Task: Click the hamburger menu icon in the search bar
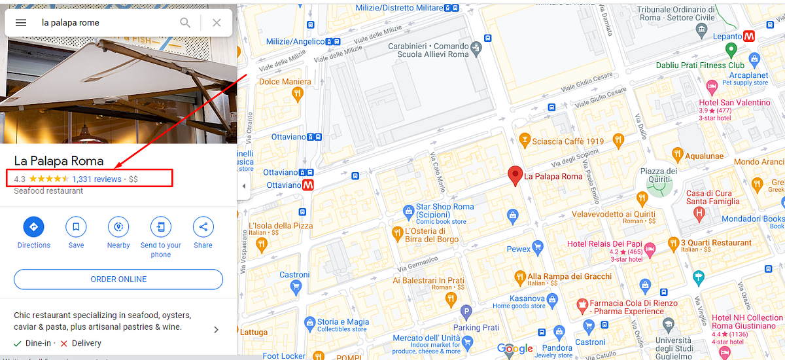point(21,23)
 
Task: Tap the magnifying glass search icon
point(186,23)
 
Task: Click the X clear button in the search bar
point(217,23)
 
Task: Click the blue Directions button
point(33,227)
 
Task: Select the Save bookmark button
point(76,227)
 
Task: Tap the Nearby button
point(118,227)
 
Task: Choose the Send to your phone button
point(160,227)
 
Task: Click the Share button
point(203,227)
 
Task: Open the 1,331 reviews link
point(97,179)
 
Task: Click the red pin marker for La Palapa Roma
point(515,175)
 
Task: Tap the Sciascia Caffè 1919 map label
point(567,141)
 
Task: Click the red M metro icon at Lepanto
point(750,37)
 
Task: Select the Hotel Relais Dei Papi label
point(604,244)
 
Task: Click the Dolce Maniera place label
point(285,82)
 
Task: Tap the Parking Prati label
point(476,327)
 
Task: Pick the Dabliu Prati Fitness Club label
point(700,65)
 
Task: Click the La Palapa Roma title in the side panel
point(59,161)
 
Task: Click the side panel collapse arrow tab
point(243,186)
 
